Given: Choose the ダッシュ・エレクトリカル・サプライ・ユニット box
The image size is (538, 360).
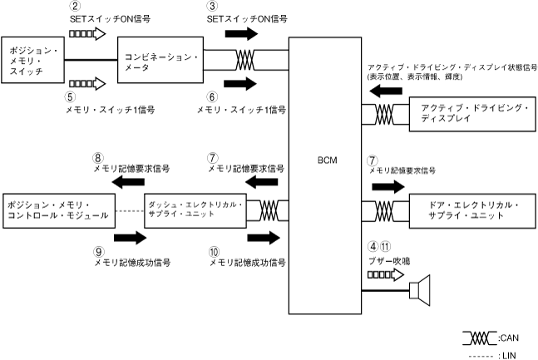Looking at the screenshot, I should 195,209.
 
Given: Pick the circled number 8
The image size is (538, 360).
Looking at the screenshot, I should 97,155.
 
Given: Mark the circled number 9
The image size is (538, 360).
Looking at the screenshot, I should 97,249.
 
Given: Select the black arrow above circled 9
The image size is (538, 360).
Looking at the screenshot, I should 128,237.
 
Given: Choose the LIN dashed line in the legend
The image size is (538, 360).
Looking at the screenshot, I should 480,355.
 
